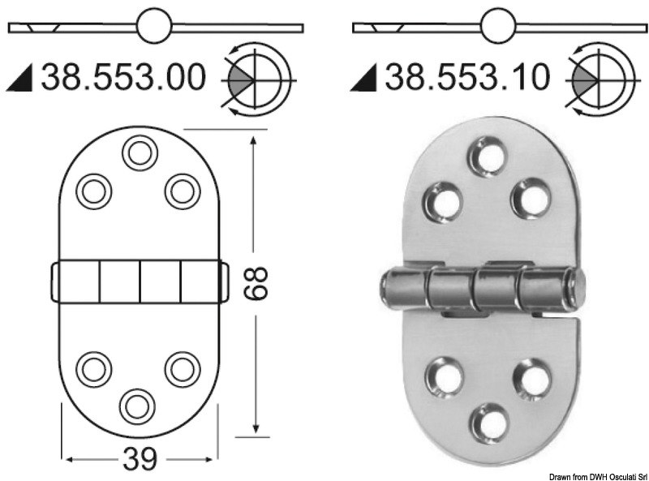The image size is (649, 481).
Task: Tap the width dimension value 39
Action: point(139,459)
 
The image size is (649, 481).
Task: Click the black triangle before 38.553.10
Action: point(365,79)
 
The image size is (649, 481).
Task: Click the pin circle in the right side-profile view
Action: point(496,27)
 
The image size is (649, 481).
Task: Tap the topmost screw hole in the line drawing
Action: point(139,152)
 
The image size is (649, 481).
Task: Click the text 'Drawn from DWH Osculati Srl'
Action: point(585,474)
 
